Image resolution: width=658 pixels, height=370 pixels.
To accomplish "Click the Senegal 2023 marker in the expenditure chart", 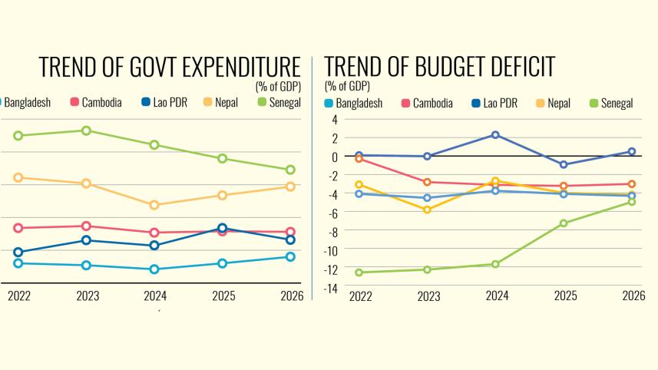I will (x=87, y=130).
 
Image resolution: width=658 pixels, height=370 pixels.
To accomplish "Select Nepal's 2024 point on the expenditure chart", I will (x=154, y=205).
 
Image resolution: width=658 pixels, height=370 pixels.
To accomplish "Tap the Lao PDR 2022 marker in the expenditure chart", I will (x=18, y=252).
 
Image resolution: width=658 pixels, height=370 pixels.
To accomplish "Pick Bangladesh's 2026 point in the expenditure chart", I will (x=290, y=256).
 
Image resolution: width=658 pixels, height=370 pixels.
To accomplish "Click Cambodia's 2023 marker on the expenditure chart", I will (x=87, y=226).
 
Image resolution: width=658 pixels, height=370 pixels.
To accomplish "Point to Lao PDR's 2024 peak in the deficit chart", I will (x=496, y=135).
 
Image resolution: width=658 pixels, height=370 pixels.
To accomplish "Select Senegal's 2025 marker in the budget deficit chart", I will (x=564, y=223).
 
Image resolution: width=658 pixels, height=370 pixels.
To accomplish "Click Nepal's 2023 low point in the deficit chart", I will (x=427, y=210).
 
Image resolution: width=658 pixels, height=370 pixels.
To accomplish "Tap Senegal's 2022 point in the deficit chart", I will (x=359, y=273).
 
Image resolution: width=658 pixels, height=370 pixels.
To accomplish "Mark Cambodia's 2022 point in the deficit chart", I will (x=359, y=158).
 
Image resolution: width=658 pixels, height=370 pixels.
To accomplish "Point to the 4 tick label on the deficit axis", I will (x=334, y=119).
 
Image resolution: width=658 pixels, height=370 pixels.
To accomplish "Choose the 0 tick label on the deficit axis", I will (x=334, y=157).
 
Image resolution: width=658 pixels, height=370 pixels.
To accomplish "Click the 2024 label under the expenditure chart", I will (x=154, y=296).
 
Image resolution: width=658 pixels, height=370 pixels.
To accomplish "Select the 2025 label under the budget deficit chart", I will (x=564, y=296).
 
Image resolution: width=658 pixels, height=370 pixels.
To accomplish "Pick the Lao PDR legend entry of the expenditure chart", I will (x=170, y=102).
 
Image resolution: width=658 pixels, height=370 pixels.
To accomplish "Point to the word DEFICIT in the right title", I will (x=504, y=67).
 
